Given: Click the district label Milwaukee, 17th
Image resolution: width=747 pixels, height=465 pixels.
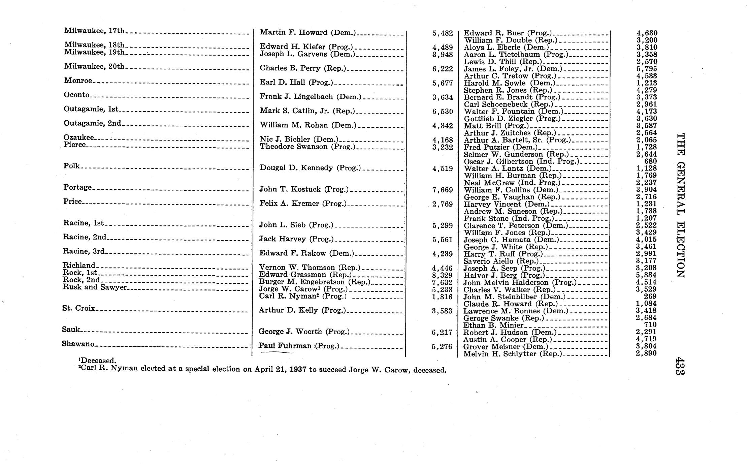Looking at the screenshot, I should [x=94, y=31].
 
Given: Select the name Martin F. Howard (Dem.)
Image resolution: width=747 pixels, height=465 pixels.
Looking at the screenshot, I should [x=308, y=33].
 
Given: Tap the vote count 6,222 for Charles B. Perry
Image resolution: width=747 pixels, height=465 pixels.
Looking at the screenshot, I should [x=443, y=69].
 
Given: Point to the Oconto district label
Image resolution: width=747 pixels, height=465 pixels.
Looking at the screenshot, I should [x=77, y=95].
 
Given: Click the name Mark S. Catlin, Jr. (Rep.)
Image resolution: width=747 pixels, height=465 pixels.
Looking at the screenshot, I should [x=307, y=111].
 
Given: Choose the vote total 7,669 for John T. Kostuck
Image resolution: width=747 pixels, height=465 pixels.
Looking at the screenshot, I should [x=442, y=190].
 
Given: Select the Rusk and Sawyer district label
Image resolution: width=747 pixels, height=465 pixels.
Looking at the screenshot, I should [x=95, y=287].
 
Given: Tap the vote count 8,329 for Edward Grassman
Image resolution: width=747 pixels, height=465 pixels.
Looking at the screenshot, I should [x=442, y=275].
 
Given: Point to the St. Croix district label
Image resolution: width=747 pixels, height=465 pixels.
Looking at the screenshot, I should [x=79, y=308].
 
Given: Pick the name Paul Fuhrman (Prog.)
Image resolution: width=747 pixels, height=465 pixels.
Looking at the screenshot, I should [x=298, y=346].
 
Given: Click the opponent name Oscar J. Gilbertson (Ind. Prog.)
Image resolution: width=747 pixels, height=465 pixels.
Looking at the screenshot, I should [x=521, y=161].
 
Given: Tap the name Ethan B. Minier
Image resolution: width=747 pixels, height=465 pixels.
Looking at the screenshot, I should [x=493, y=325].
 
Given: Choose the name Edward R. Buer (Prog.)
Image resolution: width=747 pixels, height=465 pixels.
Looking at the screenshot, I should [x=508, y=33].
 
